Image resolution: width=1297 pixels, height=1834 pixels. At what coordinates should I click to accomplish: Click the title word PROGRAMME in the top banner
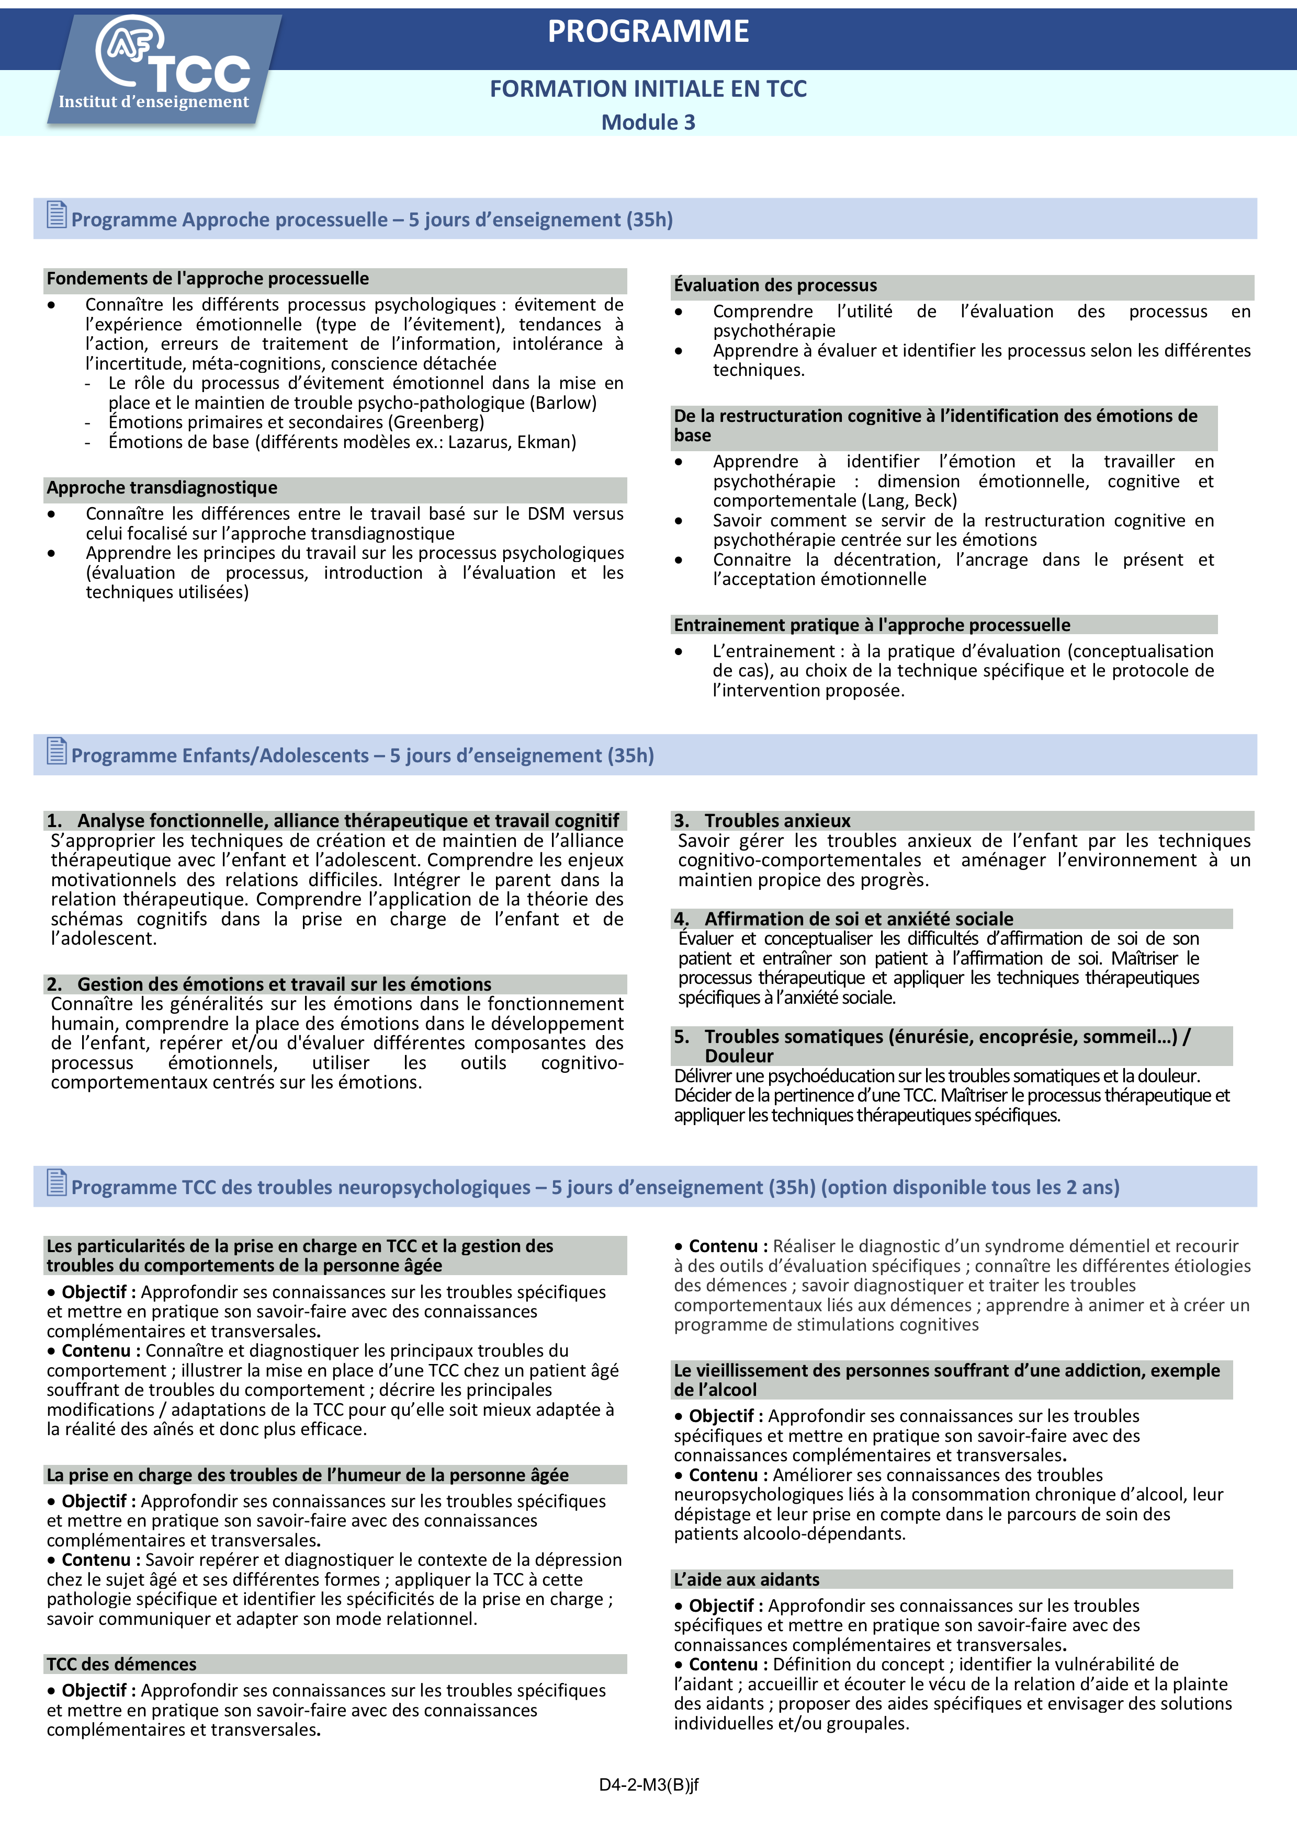coord(648,32)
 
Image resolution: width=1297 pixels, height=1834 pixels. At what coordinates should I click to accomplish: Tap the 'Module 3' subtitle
coord(648,122)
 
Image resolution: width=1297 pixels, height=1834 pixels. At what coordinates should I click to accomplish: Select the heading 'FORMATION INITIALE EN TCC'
coord(648,89)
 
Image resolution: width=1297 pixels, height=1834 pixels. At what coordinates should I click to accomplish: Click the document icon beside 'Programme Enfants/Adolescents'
coord(57,751)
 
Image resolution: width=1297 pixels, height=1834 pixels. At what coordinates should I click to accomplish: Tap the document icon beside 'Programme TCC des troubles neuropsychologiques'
coord(57,1182)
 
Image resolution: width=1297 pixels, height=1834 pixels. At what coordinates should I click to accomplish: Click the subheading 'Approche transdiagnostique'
coord(162,487)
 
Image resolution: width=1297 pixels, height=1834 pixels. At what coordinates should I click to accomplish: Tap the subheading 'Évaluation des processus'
coord(775,285)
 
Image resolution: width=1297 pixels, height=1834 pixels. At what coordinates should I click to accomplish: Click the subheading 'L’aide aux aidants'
coord(747,1579)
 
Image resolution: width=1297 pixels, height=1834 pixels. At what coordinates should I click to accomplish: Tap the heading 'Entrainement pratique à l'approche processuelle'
coord(872,625)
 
